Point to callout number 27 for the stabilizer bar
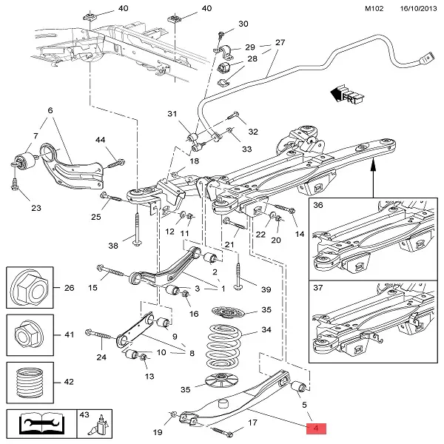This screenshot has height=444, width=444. pyautogui.click(x=280, y=42)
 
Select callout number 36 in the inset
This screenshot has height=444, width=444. pyautogui.click(x=318, y=206)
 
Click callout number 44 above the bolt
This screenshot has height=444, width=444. pyautogui.click(x=100, y=140)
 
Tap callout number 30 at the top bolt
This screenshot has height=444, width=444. pyautogui.click(x=243, y=24)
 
